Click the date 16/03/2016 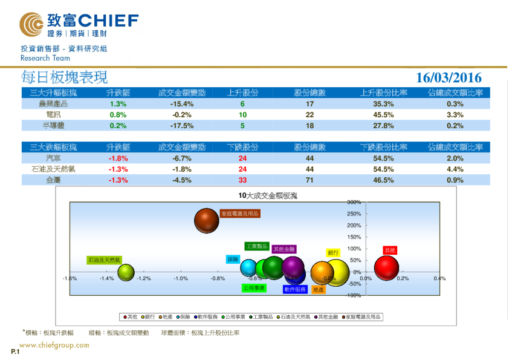(449, 77)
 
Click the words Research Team (45, 58)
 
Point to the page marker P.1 (15, 352)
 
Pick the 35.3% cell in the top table (383, 104)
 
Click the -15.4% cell (181, 104)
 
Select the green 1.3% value (118, 104)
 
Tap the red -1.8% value (118, 159)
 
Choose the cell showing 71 (310, 180)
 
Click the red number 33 (242, 180)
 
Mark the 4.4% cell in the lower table (455, 169)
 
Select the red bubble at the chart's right (387, 268)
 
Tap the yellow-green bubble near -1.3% (126, 272)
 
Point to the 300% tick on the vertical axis (354, 202)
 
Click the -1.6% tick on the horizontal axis (70, 278)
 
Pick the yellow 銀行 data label (333, 253)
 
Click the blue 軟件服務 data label (295, 289)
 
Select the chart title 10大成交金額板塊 (268, 195)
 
